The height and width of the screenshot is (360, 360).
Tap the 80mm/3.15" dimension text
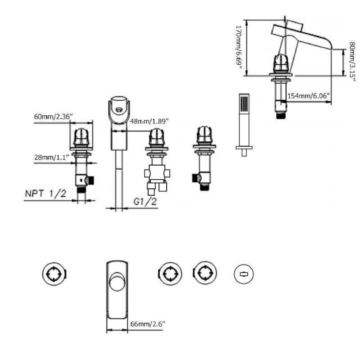tap(352, 62)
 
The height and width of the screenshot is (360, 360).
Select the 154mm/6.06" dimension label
tap(308, 96)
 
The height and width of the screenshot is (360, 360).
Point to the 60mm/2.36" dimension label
tap(53, 117)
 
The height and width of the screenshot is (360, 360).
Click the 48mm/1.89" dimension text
tap(149, 121)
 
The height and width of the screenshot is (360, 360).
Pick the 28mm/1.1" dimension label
tap(52, 157)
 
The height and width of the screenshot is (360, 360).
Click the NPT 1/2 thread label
tap(45, 193)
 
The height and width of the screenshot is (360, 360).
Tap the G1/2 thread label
tap(145, 201)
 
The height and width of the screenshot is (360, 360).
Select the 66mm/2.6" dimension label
tap(148, 324)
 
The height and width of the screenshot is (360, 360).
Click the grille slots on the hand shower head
tap(244, 104)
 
